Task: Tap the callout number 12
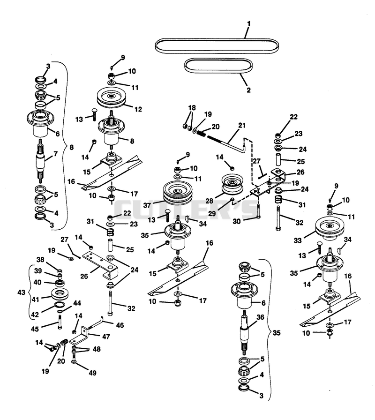point(138,109)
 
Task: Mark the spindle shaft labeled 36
point(245,332)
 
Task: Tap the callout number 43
point(22,292)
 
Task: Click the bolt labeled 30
point(258,211)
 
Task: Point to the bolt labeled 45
point(60,322)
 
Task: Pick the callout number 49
point(92,373)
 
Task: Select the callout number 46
point(120,325)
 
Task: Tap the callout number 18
point(192,108)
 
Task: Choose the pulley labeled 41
point(59,293)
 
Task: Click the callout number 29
point(212,213)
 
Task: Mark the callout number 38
point(40,260)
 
